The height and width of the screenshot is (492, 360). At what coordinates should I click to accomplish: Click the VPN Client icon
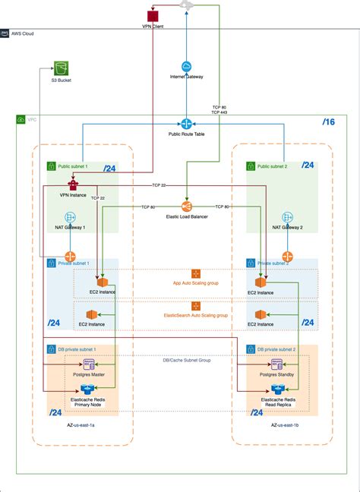(153, 14)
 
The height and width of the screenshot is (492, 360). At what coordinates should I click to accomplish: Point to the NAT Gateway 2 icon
(288, 217)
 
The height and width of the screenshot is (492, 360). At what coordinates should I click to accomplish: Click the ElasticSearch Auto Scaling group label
(196, 314)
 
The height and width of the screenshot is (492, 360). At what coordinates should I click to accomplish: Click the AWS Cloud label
(22, 33)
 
